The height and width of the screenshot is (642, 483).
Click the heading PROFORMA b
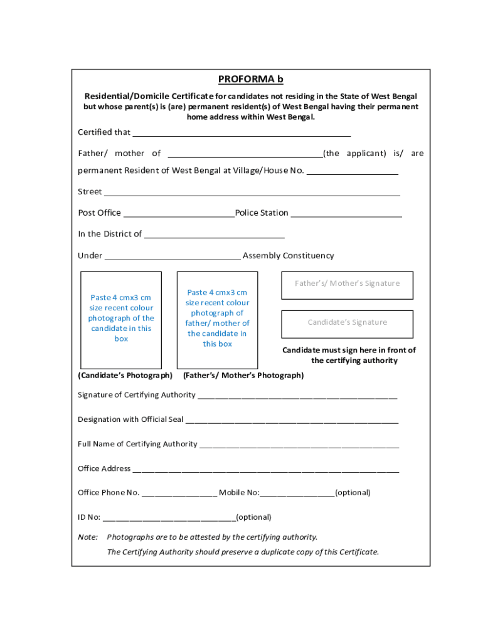[250, 79]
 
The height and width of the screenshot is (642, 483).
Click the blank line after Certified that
[242, 133]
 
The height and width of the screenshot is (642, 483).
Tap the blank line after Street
[252, 192]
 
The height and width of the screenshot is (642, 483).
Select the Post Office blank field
[178, 214]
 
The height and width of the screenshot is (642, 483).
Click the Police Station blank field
[346, 214]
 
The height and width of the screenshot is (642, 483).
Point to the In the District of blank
[214, 235]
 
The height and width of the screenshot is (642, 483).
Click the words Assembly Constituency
[288, 256]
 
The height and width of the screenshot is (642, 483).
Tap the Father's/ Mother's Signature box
[347, 283]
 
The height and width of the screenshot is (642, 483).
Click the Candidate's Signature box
[347, 323]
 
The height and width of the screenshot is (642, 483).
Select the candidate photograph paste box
[121, 319]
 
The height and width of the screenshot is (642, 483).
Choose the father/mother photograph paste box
[217, 319]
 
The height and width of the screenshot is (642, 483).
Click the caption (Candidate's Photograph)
[125, 376]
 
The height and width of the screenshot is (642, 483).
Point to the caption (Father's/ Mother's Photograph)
[243, 376]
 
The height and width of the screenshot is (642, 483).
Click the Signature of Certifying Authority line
[297, 396]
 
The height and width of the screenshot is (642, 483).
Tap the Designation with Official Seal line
[292, 421]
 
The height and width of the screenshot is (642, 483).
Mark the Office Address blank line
[265, 470]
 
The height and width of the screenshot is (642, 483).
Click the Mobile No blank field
[297, 494]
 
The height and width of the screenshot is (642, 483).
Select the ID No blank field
[169, 518]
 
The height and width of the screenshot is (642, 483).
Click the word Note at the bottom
[88, 537]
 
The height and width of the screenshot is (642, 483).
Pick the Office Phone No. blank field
[179, 494]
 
